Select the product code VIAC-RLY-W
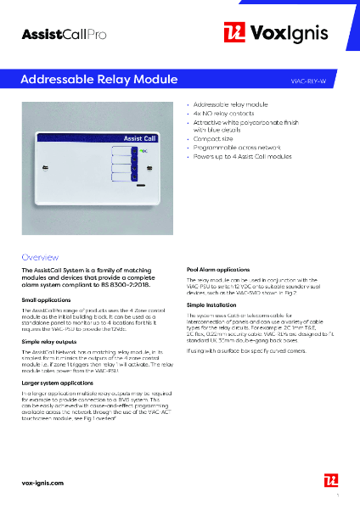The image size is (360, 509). pyautogui.click(x=314, y=79)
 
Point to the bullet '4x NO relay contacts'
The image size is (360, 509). pyautogui.click(x=219, y=113)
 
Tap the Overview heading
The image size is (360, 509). pyautogui.click(x=39, y=255)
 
